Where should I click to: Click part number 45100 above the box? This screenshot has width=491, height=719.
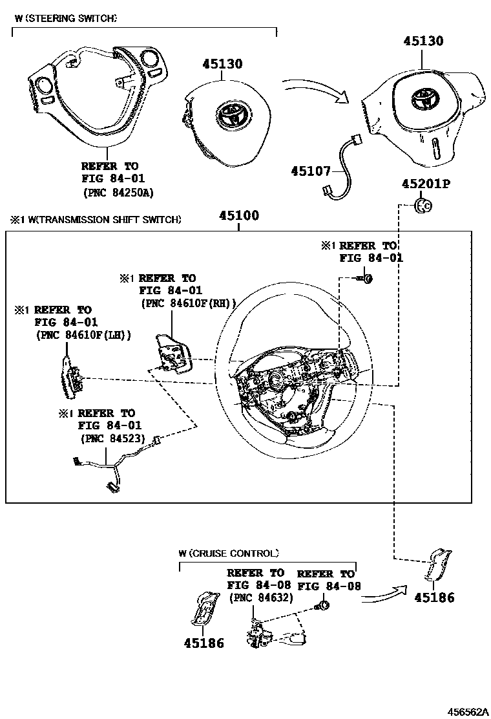click(x=239, y=216)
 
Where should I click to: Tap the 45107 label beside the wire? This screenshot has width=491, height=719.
click(x=310, y=171)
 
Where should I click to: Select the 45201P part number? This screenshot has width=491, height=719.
click(x=425, y=184)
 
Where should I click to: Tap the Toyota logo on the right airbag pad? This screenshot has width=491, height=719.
click(x=424, y=100)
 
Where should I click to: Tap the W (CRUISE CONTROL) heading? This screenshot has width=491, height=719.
click(x=229, y=553)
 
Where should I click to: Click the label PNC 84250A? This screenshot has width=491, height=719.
click(x=118, y=192)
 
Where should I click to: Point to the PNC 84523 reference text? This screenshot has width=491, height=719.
click(x=111, y=438)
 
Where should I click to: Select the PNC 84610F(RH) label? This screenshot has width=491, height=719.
click(x=188, y=303)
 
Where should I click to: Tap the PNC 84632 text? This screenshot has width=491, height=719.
click(x=261, y=598)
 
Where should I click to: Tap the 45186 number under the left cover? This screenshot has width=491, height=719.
click(x=204, y=643)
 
